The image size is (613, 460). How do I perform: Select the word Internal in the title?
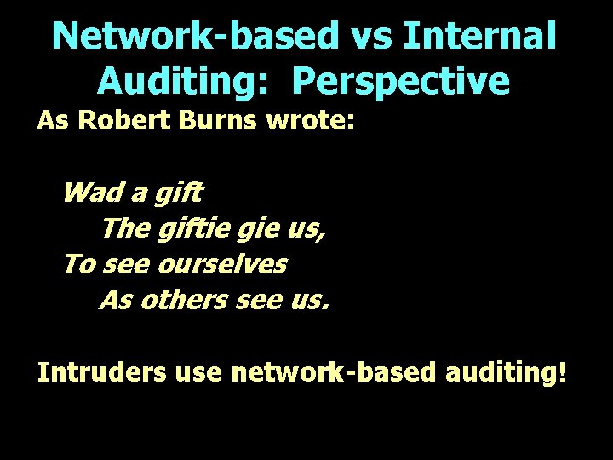[480, 36]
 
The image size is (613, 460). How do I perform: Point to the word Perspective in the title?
[400, 82]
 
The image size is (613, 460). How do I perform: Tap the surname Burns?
[220, 121]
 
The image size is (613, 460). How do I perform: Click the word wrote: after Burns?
[310, 121]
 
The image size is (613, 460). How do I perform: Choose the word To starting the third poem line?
[77, 264]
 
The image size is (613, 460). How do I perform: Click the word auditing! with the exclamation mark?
[501, 374]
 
